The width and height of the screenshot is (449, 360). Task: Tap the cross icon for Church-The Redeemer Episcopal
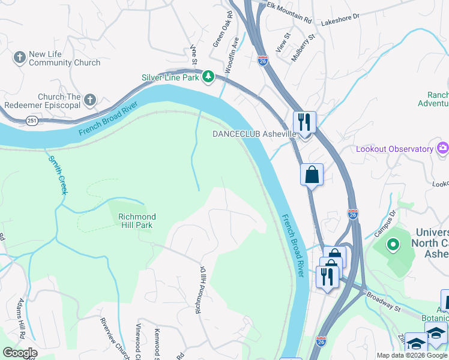(x=91, y=100)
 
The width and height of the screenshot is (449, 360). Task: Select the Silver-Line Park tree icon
(x=208, y=77)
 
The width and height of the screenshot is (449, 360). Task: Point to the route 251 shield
(x=31, y=121)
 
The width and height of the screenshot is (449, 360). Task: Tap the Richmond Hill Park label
(x=137, y=221)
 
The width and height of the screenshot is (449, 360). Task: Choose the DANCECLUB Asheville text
(x=255, y=134)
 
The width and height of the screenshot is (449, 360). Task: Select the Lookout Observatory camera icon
(x=443, y=148)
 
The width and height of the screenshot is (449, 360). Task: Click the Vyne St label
(x=193, y=53)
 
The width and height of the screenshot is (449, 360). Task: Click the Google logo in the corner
(x=20, y=353)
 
